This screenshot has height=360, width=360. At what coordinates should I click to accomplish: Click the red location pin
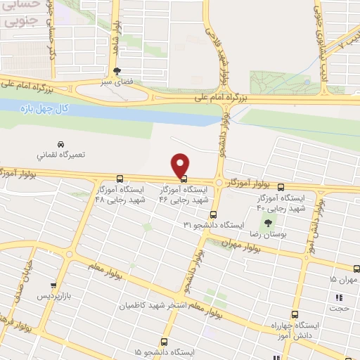[181, 165]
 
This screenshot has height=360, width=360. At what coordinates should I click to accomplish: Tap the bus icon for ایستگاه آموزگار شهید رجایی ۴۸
[120, 179]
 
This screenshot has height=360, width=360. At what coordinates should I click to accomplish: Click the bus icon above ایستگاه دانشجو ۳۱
[214, 215]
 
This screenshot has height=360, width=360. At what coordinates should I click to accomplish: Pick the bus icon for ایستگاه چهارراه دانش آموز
[294, 316]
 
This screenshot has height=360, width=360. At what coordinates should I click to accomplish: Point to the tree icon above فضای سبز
[117, 71]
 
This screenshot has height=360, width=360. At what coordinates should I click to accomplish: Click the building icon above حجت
[338, 297]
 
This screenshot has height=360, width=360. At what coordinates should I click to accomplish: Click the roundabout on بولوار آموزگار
[219, 182]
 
